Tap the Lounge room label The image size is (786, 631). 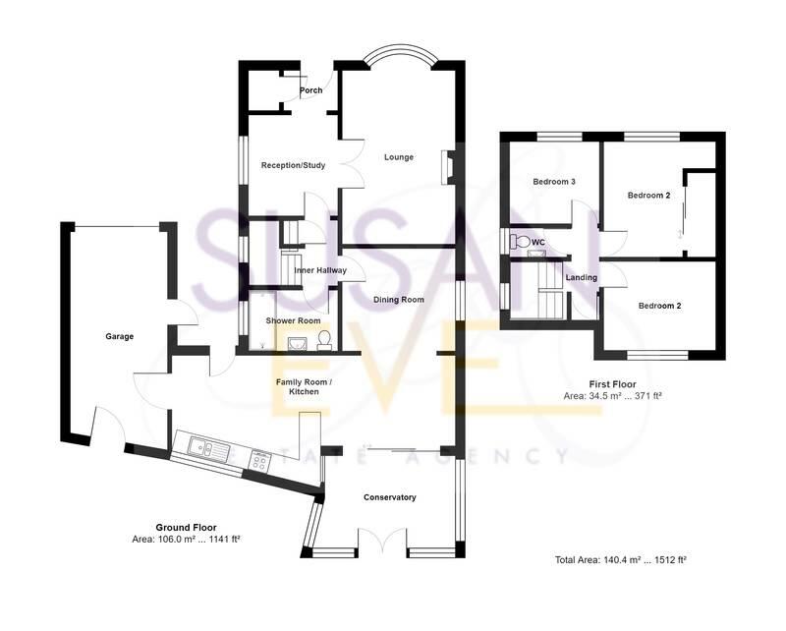[x=399, y=157]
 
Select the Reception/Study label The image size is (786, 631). [x=293, y=165]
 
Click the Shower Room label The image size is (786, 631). [x=294, y=320]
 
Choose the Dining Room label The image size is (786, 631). [x=398, y=300]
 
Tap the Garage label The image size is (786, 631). [x=119, y=336]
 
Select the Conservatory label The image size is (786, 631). [x=389, y=497]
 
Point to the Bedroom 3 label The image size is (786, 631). [x=554, y=182]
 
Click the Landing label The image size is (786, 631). [x=581, y=278]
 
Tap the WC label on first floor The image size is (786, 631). [x=537, y=242]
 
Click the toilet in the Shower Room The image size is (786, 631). [x=323, y=340]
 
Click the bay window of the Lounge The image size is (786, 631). [x=398, y=59]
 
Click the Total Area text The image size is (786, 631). [x=620, y=560]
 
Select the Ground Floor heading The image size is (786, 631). [x=186, y=527]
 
